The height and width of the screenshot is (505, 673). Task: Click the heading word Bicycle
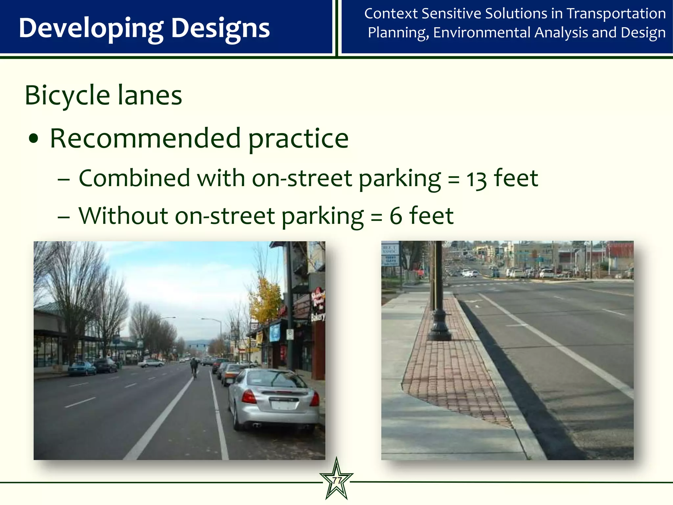coord(67,95)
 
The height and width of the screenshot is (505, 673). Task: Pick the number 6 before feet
coord(396,216)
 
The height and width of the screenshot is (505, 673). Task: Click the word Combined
coord(134,179)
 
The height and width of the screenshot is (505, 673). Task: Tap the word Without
coord(123,216)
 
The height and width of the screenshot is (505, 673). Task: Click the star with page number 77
coord(336,480)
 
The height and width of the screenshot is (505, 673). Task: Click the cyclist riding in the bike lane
coord(194,367)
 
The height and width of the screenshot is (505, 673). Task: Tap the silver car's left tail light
coord(249,397)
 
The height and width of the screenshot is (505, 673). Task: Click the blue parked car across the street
coord(81,368)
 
